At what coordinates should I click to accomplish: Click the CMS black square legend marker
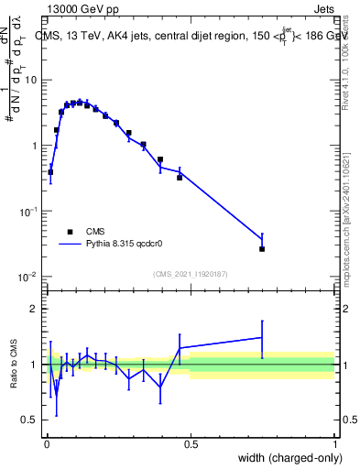point(70,232)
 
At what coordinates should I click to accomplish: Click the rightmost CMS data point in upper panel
point(262,248)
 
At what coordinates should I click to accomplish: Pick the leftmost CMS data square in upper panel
point(50,171)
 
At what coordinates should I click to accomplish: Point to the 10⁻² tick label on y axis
point(27,277)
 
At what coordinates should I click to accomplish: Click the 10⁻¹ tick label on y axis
point(27,211)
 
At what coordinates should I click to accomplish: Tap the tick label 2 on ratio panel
point(34,309)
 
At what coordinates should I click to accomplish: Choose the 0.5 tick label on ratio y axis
point(30,420)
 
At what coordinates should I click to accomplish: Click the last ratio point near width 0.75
point(262,338)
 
